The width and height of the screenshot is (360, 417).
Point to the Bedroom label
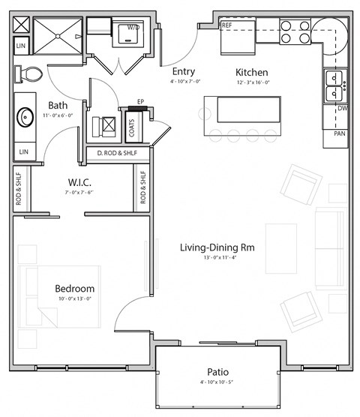tap(74, 289)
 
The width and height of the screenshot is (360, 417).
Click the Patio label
tap(218, 372)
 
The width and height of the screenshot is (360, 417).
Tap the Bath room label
tap(58, 106)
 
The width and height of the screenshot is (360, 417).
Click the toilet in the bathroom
tap(30, 74)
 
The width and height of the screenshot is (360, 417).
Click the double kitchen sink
tap(334, 86)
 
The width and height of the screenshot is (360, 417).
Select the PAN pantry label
tap(340, 133)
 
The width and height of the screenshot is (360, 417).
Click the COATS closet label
tap(132, 130)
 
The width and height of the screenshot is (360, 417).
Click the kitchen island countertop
tap(248, 109)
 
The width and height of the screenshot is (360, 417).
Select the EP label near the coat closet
tap(140, 101)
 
